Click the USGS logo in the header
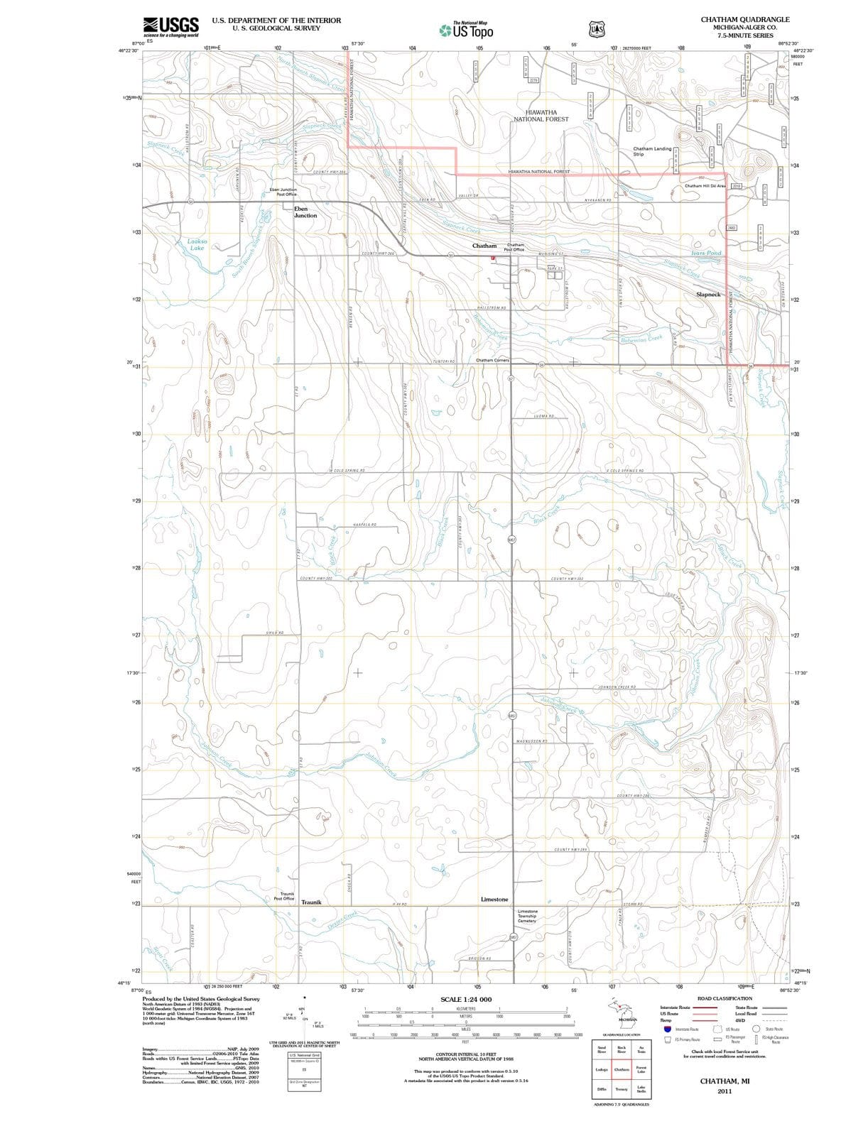170,27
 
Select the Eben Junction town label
305,212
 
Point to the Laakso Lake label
197,245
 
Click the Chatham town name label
484,246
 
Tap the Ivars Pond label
706,253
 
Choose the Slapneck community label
708,294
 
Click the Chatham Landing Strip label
652,151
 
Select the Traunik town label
312,902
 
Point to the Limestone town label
494,900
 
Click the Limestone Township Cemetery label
528,916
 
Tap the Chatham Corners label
492,360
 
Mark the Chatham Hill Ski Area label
705,186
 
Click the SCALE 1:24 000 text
466,1000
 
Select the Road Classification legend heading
725,998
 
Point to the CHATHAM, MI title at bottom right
725,1081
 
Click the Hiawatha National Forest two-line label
546,116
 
